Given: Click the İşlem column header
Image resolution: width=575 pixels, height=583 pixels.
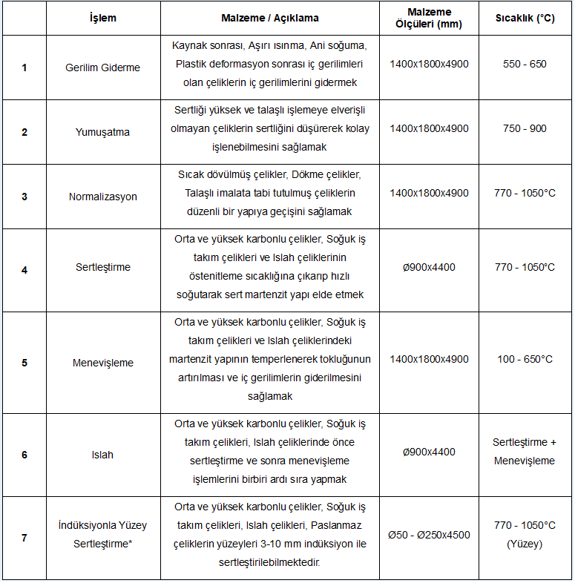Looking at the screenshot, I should point(102,18).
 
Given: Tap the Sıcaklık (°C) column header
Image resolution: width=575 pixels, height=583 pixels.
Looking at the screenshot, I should point(525,18).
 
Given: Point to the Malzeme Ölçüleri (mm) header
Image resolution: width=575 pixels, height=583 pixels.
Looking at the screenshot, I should point(429,18).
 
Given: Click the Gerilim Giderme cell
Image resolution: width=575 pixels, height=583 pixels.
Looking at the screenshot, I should point(102,67).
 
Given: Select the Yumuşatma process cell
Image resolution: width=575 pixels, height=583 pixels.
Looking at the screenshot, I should point(102,131).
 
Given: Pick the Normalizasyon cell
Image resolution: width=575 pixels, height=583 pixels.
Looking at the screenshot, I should point(102,197).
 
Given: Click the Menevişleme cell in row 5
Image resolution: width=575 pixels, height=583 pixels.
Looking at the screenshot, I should point(102,363).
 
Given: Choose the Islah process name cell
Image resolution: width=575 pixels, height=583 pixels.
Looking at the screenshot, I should point(102,455).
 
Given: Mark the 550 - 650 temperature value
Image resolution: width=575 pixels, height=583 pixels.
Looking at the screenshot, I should point(525,64).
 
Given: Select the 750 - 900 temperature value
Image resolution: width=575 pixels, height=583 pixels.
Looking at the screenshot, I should point(525,128).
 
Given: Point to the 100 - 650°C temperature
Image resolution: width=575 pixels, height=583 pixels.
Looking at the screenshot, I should point(525,359).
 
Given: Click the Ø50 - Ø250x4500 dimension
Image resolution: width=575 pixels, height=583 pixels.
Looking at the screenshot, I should point(429,534).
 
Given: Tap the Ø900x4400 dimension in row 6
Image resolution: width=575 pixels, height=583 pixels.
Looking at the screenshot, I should point(429,452).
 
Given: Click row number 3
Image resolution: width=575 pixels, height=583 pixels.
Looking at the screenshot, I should point(24,197).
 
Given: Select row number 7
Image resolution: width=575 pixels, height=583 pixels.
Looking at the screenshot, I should point(24,538).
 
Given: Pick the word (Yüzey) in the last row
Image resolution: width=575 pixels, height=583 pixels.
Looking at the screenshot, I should point(525,544).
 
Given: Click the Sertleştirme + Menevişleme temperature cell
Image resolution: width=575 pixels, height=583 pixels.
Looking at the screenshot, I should point(525,452).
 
